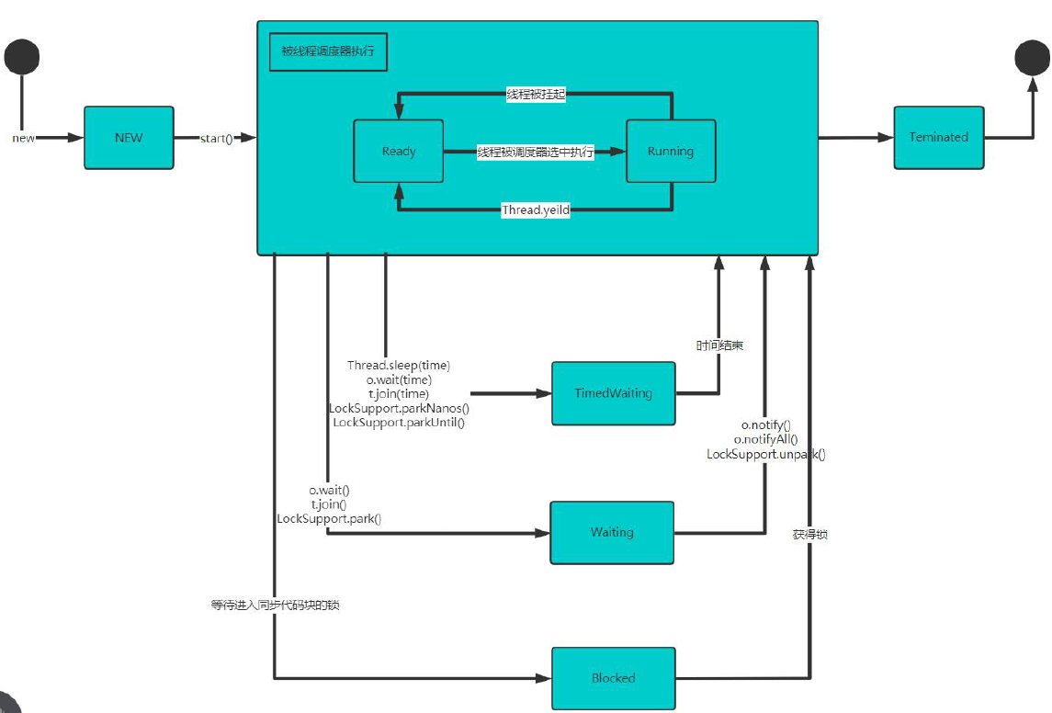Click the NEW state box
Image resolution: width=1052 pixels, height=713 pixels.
click(129, 137)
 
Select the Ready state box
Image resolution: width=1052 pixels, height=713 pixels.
click(399, 151)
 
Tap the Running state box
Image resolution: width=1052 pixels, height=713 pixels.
click(671, 151)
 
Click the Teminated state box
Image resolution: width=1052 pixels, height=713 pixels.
click(939, 137)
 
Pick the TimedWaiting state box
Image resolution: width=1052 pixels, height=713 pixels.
click(613, 393)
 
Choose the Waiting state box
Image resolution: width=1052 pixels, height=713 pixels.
click(612, 532)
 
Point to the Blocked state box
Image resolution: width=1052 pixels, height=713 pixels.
click(613, 678)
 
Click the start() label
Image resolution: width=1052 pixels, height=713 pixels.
click(216, 138)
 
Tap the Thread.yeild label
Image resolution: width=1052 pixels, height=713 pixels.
click(536, 210)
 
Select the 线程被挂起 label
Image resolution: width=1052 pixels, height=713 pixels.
click(536, 94)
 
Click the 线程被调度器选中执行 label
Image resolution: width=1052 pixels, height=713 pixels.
click(536, 153)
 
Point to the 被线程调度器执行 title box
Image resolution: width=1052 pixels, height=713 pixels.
click(329, 52)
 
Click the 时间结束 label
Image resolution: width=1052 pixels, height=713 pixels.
click(719, 345)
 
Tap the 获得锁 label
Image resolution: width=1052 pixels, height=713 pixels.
click(809, 533)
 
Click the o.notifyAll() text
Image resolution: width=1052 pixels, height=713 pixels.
click(765, 440)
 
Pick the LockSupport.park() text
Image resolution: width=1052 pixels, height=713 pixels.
click(329, 518)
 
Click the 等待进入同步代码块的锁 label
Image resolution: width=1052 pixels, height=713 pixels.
click(275, 605)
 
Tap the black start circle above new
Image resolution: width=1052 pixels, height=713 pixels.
click(21, 57)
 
